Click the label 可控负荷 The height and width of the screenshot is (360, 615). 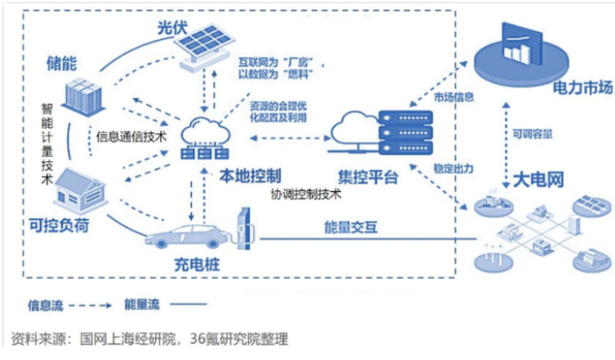point(57,228)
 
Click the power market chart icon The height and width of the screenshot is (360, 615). point(520,47)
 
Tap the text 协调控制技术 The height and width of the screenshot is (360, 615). point(308,194)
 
